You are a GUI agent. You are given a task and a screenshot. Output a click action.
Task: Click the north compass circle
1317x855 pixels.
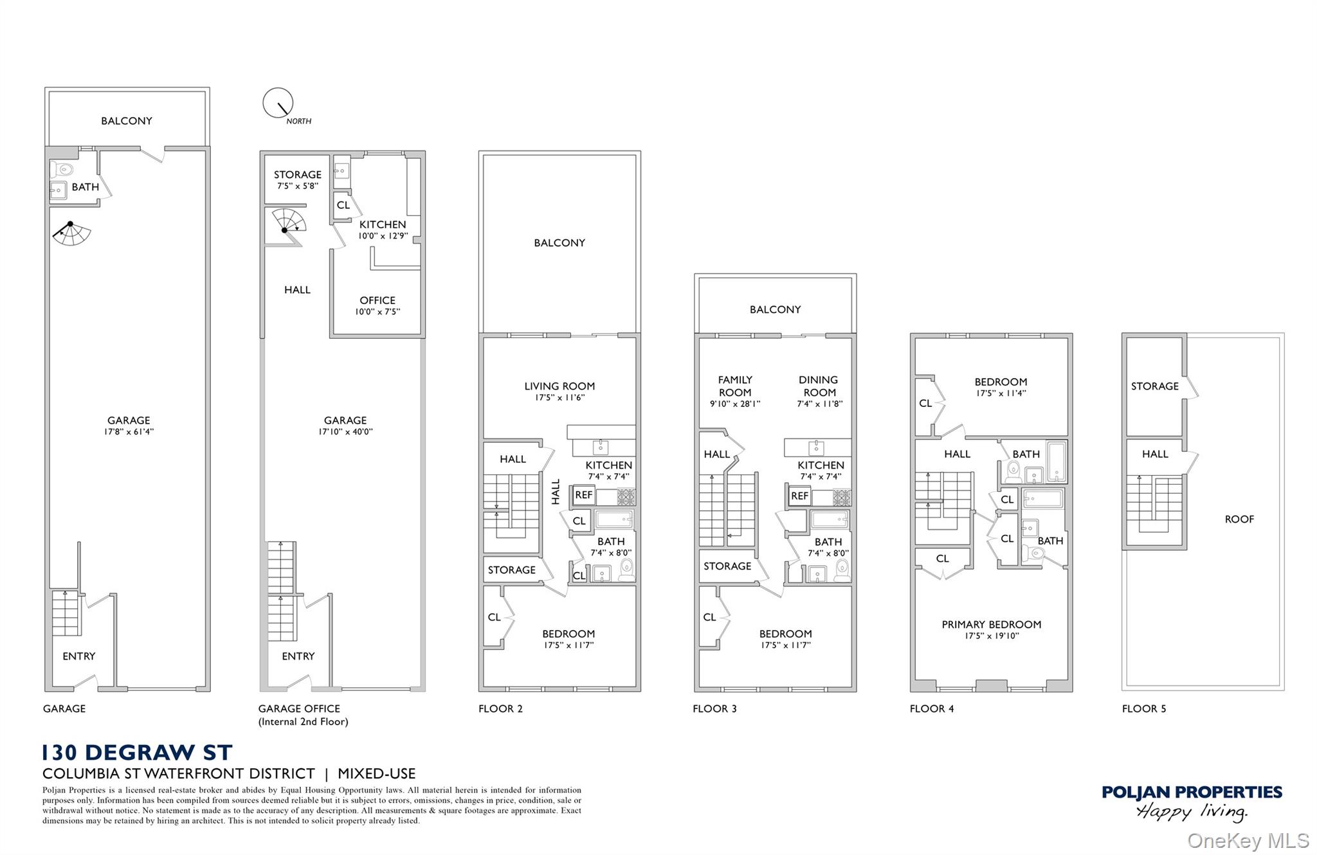[278, 103]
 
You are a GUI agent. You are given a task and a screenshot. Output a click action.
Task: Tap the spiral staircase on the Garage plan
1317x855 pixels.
[71, 233]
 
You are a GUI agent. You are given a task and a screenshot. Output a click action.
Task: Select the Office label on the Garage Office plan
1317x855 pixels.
[377, 305]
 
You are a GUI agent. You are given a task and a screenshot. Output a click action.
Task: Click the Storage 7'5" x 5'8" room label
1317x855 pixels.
[298, 179]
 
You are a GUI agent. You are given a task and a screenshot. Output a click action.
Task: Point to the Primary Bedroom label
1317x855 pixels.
[992, 629]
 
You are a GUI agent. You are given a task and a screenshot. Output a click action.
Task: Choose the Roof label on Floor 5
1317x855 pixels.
[1239, 519]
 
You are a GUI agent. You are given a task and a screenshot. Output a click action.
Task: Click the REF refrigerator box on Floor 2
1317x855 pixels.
[584, 495]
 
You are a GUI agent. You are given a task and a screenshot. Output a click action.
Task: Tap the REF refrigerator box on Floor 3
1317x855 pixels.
[799, 496]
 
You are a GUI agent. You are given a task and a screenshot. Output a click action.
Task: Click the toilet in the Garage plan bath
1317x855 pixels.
[63, 170]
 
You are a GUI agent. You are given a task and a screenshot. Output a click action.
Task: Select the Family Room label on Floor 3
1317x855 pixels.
[735, 392]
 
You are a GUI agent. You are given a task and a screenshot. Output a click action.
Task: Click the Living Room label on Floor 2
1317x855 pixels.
[559, 391]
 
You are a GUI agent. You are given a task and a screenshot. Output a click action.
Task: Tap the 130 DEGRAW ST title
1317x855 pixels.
[138, 752]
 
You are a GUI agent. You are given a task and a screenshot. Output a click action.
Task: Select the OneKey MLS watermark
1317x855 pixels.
[1248, 840]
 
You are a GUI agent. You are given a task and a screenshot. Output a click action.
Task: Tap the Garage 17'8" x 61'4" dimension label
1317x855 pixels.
[129, 426]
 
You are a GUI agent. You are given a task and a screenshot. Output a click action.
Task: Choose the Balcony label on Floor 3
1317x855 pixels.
[775, 309]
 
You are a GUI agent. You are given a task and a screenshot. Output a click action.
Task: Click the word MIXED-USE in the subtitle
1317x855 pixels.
[377, 773]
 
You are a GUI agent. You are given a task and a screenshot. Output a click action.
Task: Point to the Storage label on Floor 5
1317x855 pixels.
[1155, 386]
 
